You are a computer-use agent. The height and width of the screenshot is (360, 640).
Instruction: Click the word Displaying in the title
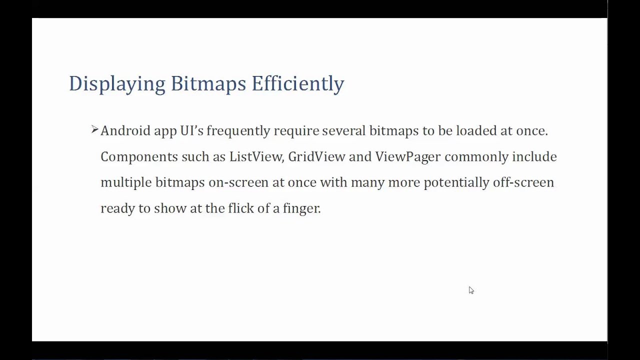coord(116,84)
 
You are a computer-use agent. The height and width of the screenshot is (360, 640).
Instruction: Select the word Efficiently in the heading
coord(297,84)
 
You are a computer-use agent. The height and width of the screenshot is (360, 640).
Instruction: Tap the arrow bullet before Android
coord(94,130)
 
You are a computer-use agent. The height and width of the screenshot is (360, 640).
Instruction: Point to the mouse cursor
coord(471,290)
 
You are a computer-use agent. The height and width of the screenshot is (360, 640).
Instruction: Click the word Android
coord(125,131)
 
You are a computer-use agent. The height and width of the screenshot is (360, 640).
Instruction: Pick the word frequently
coord(238,131)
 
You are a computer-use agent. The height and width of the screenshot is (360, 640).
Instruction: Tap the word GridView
coord(316,157)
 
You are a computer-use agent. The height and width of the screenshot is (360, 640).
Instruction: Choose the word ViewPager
coord(407,157)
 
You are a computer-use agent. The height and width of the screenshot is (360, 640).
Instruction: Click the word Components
coord(139,157)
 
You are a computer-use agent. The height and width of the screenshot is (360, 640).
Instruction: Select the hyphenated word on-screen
coord(238,182)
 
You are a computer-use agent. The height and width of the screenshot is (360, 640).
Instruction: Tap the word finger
coord(301,208)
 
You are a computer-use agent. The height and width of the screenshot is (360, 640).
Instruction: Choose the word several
coord(343,131)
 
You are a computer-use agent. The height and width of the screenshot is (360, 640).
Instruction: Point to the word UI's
coord(192,131)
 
